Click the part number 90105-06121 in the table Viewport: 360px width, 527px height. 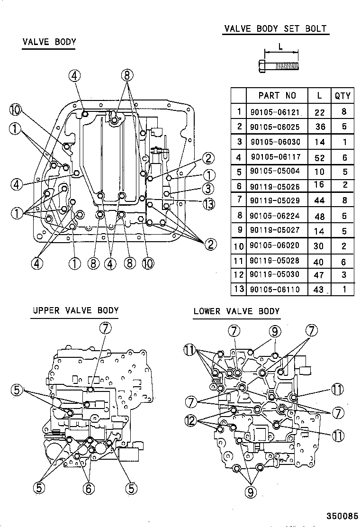(275, 112)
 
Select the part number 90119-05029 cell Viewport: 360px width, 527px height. (275, 200)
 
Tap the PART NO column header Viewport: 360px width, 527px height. (277, 96)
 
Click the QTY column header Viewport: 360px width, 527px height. (342, 96)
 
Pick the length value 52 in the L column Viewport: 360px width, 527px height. (319, 158)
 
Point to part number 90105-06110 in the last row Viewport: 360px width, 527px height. (275, 290)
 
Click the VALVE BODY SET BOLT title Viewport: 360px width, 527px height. (275, 28)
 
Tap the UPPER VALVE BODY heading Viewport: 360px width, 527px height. (76, 310)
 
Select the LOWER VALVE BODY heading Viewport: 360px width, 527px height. (236, 311)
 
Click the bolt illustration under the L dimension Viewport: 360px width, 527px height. (279, 65)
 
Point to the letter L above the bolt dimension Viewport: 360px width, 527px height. (281, 46)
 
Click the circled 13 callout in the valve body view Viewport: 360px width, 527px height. (209, 204)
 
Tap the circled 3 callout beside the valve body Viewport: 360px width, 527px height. (208, 189)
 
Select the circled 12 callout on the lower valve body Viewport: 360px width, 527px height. (191, 420)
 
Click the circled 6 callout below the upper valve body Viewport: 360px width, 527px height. (89, 488)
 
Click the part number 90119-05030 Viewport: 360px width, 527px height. (275, 274)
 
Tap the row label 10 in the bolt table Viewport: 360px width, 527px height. (238, 246)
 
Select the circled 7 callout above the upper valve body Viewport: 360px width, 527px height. (106, 327)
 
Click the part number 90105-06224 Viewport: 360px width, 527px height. (275, 216)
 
